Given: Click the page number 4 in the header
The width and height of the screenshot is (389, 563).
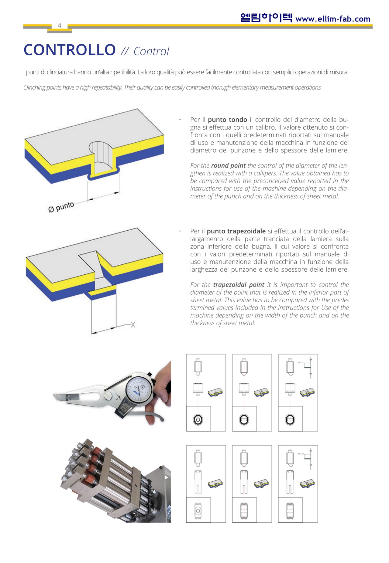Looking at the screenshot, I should click(x=60, y=25).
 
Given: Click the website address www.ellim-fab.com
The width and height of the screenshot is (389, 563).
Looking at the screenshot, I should click(x=333, y=19).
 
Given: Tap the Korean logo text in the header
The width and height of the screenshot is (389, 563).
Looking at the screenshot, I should click(x=266, y=18).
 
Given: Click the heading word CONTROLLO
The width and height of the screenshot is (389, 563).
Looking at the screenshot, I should click(x=70, y=50).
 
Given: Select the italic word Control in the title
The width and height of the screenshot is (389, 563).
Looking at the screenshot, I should click(x=151, y=51).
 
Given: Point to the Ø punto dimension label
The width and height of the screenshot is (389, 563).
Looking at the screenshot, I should click(x=61, y=207).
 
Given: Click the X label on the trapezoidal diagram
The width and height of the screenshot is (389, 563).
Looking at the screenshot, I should click(x=133, y=325).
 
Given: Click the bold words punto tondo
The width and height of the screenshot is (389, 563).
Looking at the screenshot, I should click(x=227, y=120).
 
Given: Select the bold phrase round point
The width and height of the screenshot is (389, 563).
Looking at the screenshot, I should click(x=228, y=165).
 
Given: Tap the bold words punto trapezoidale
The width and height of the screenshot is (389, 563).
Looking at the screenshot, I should click(x=236, y=231).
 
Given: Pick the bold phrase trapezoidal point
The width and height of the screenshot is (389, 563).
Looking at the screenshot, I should click(x=239, y=285).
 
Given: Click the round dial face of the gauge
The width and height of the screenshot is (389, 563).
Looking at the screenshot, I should click(x=139, y=389).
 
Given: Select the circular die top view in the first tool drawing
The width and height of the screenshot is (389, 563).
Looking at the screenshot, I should click(x=198, y=420).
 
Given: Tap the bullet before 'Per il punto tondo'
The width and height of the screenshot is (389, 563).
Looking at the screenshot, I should click(x=180, y=120).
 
